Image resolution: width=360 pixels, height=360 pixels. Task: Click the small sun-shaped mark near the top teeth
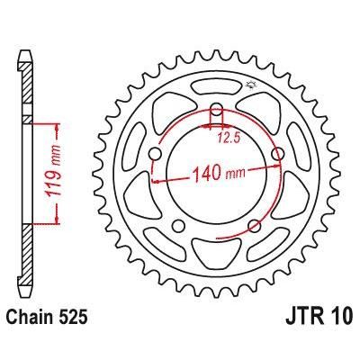pos(249,86)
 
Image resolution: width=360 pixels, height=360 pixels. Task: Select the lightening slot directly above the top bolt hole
pos(217,89)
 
